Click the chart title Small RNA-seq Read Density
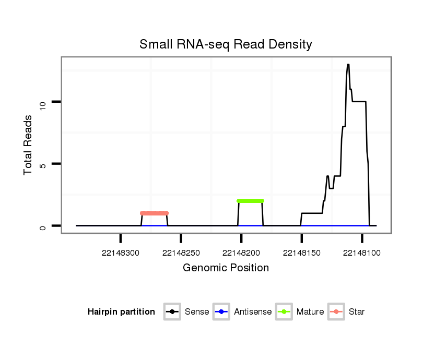pos(226,44)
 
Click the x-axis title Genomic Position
pos(226,268)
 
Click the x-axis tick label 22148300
pos(121,253)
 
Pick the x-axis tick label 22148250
pos(181,253)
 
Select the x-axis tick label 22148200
pos(241,253)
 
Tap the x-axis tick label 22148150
pos(302,253)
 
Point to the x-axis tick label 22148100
pos(362,253)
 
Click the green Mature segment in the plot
pos(250,201)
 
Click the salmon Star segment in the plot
pos(154,213)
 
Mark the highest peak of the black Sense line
pos(348,65)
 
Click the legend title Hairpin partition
pos(121,312)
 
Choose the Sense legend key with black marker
pos(172,312)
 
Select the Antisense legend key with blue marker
pos(221,312)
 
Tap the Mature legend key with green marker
pos(284,312)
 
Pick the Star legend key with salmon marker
pos(336,312)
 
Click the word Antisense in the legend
pos(253,312)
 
